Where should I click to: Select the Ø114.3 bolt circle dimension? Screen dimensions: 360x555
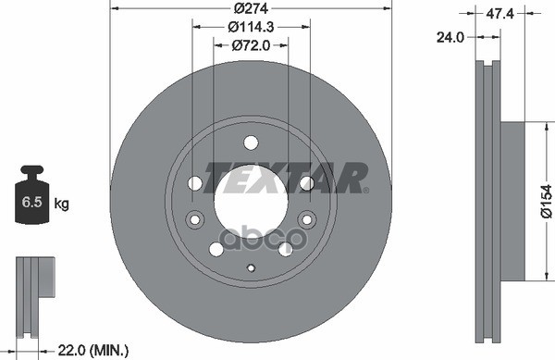click(x=252, y=27)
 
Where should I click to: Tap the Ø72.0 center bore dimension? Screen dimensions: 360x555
click(x=251, y=44)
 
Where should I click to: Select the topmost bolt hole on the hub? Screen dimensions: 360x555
click(x=251, y=142)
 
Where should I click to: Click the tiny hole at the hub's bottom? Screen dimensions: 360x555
click(x=251, y=268)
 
